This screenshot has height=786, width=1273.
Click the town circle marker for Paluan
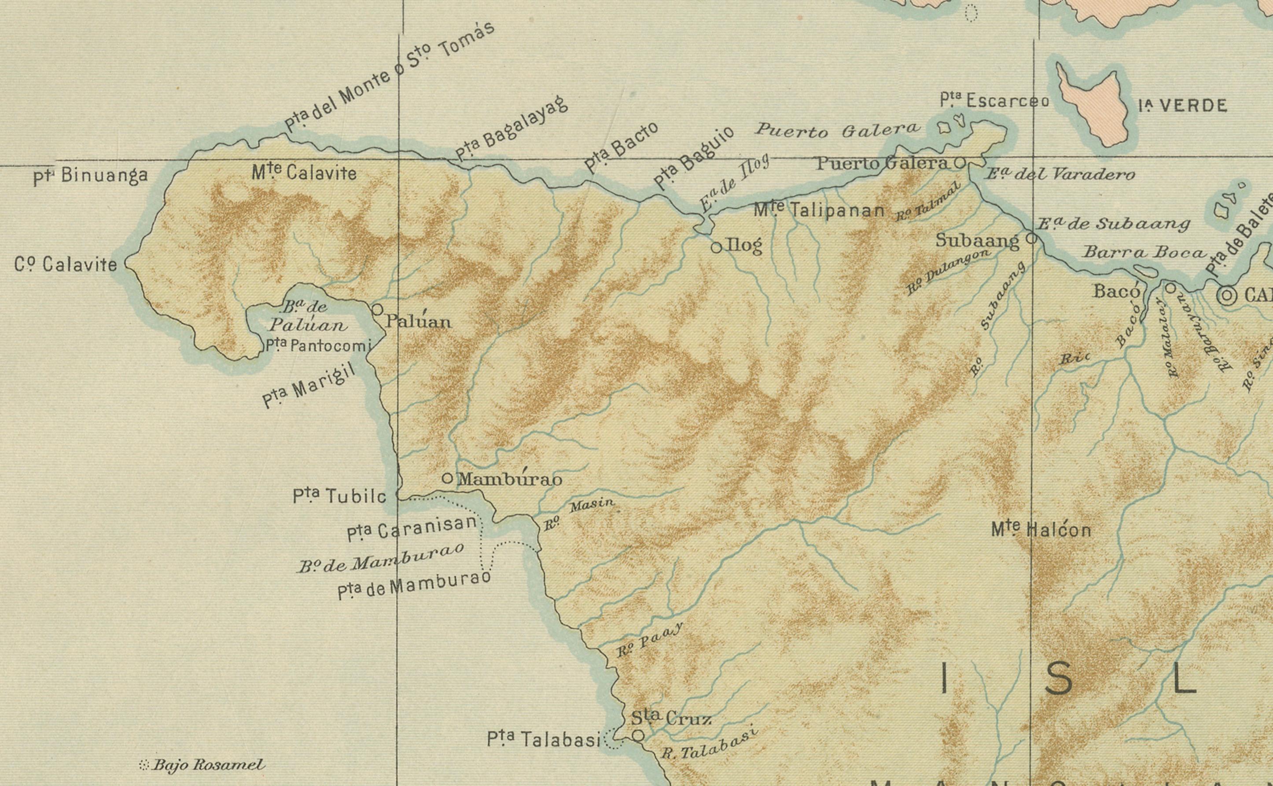pos(377,310)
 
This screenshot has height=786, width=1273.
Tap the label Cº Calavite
pos(66,265)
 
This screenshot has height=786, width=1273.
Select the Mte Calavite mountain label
pos(304,173)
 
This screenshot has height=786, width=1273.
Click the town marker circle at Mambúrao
pos(447,478)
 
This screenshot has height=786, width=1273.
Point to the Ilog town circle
pos(716,247)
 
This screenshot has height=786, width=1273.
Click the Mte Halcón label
pos(1041,530)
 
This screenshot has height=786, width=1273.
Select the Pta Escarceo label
pos(994,101)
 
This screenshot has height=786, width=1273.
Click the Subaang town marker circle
pos(1032,239)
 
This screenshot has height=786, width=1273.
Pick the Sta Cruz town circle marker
pos(638,735)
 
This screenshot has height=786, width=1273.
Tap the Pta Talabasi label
pos(544,739)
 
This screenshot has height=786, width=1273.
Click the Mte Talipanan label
pos(819,210)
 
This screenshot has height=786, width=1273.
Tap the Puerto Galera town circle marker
pos(960,163)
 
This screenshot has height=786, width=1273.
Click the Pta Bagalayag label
pos(511,129)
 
